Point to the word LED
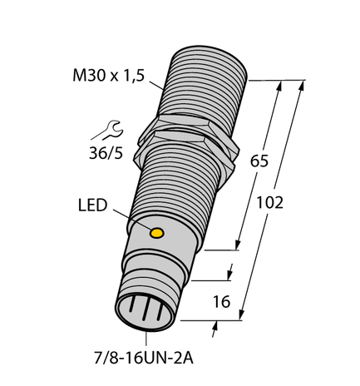[x=91, y=205]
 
